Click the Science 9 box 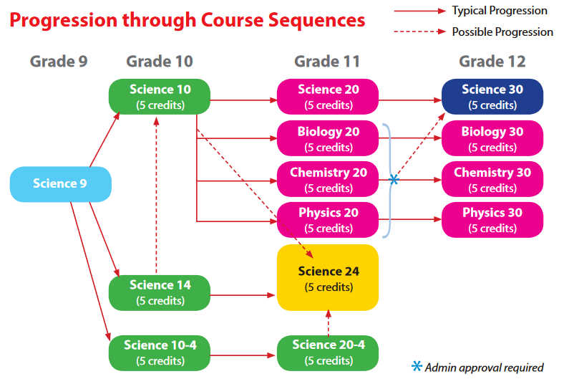click(60, 184)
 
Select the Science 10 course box click(160, 97)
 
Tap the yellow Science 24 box click(328, 278)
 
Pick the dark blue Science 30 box click(492, 97)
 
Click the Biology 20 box click(328, 139)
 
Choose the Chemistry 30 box click(492, 180)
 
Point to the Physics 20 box click(328, 220)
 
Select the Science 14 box click(160, 292)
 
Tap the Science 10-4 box click(160, 352)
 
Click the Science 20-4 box click(328, 352)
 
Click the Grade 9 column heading click(59, 62)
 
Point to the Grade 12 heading click(492, 62)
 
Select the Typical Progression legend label click(500, 11)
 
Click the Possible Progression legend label click(502, 32)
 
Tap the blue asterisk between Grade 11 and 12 click(394, 179)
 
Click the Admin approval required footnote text click(484, 368)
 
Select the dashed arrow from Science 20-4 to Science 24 click(328, 323)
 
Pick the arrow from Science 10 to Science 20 click(243, 100)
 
